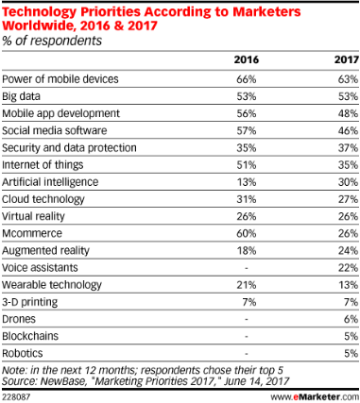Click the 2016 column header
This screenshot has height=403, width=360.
[x=247, y=59]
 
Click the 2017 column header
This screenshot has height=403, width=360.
[x=347, y=59]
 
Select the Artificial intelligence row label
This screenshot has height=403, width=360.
[x=50, y=182]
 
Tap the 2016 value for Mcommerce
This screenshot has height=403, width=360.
[x=247, y=233]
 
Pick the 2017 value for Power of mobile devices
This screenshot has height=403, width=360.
[x=348, y=79]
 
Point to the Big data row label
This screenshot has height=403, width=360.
[x=21, y=96]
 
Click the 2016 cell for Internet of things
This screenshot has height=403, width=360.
[x=247, y=165]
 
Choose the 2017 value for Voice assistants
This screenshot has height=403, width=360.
[x=348, y=268]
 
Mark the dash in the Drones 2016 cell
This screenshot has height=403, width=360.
[x=247, y=320]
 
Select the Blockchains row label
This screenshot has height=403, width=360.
[x=30, y=336]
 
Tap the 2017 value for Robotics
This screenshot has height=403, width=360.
[x=351, y=353]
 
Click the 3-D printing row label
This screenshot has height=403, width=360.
[x=30, y=302]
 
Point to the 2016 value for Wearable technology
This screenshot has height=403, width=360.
[x=247, y=285]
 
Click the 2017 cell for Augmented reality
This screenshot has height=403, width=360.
[x=348, y=251]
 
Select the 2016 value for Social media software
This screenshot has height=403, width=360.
[x=247, y=130]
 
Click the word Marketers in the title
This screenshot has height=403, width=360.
[x=266, y=12]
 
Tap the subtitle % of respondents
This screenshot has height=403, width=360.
[x=52, y=41]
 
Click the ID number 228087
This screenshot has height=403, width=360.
[x=16, y=397]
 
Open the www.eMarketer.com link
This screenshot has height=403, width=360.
[x=315, y=396]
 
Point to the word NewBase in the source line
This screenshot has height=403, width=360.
[x=63, y=381]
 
